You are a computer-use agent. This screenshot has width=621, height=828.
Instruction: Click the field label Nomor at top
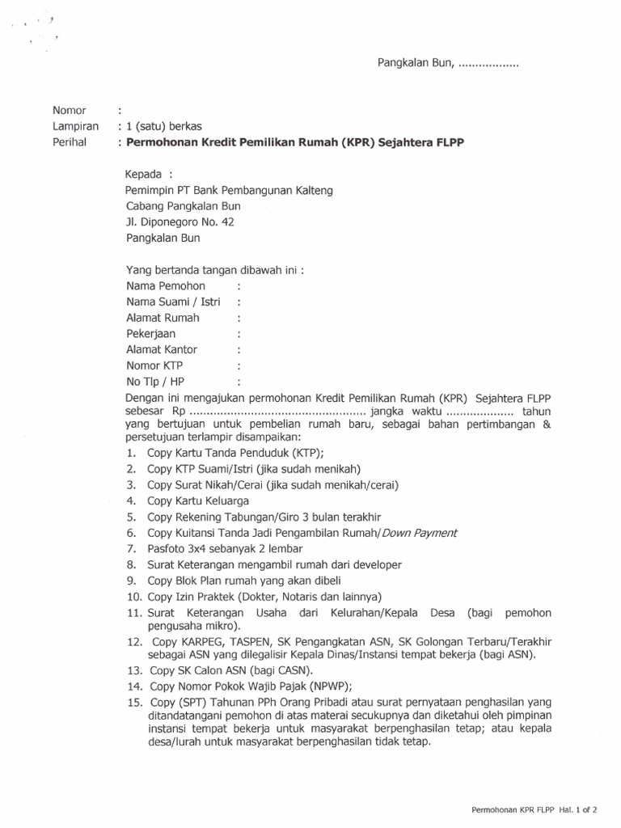click(x=69, y=110)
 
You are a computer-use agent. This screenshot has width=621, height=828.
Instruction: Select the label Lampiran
click(x=75, y=126)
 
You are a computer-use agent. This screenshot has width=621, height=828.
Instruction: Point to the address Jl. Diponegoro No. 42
click(x=180, y=222)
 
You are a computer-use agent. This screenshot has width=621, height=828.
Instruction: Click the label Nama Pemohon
click(x=166, y=286)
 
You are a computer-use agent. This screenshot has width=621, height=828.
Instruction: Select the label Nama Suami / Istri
click(x=173, y=302)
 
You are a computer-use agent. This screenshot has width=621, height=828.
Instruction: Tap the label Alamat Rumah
click(x=163, y=318)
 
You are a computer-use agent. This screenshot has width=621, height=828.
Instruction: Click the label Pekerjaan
click(x=150, y=334)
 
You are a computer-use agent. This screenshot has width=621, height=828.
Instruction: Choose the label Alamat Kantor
click(x=162, y=349)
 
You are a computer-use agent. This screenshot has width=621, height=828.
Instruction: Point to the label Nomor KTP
click(x=154, y=365)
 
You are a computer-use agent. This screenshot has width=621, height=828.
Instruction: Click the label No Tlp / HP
click(x=155, y=382)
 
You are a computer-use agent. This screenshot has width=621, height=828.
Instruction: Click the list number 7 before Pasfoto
click(x=131, y=549)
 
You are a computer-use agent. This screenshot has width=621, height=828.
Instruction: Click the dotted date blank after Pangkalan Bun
click(x=488, y=63)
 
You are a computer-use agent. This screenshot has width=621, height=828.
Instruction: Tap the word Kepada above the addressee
click(x=143, y=175)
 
